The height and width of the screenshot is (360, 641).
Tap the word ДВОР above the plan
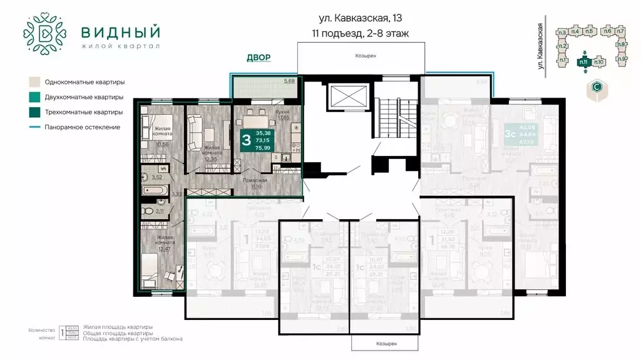(x=259, y=58)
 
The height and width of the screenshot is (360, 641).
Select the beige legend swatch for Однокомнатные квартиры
(x=34, y=82)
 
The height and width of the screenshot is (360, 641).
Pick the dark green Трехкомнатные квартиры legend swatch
(x=34, y=112)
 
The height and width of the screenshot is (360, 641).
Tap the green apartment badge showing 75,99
(x=262, y=140)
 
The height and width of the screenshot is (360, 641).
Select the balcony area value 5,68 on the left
(x=289, y=81)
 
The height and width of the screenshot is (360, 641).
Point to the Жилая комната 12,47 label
(x=165, y=242)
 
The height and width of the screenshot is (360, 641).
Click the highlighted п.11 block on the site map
(x=583, y=61)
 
